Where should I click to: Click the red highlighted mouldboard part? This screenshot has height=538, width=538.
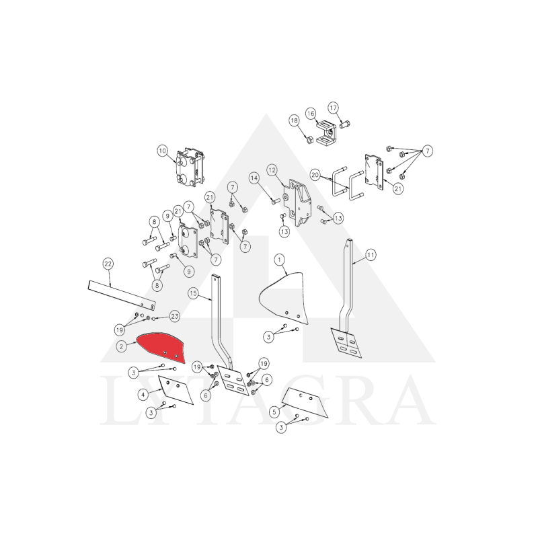tap(161, 346)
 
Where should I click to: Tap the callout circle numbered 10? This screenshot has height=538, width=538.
tap(162, 151)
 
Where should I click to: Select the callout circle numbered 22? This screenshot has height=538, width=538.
tap(108, 264)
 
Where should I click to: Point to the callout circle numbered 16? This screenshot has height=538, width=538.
tap(311, 113)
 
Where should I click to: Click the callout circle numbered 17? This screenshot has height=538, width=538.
tap(333, 108)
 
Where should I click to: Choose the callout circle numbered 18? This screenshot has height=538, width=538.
tap(294, 120)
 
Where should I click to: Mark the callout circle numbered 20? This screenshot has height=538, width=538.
tap(315, 175)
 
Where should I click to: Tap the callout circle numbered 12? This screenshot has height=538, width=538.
tap(272, 169)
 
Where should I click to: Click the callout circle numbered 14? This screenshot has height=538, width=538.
tap(254, 178)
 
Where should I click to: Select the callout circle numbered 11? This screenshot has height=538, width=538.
tap(371, 255)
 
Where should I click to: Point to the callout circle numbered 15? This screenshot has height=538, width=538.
tap(193, 293)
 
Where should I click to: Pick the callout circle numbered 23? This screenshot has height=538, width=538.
tap(175, 316)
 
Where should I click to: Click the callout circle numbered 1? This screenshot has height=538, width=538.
tap(280, 260)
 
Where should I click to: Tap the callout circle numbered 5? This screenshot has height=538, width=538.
tap(274, 412)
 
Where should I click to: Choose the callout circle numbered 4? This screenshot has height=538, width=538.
tap(143, 395)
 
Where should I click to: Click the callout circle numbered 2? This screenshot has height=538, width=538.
tap(122, 346)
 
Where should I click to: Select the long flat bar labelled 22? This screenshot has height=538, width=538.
tap(122, 295)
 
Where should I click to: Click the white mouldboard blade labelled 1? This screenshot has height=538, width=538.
tap(284, 297)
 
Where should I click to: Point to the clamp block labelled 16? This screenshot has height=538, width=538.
tap(327, 132)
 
